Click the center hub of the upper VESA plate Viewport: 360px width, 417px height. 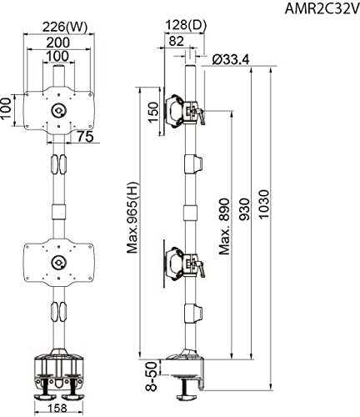click(x=59, y=111)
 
